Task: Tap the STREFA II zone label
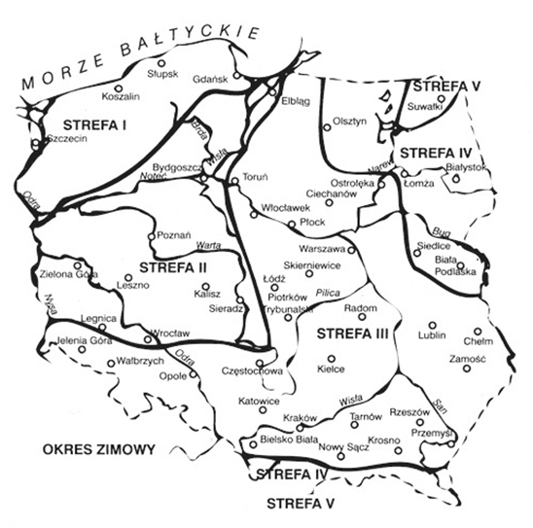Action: click(x=172, y=266)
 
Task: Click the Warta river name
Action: click(x=206, y=245)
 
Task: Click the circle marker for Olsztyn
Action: click(x=327, y=126)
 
